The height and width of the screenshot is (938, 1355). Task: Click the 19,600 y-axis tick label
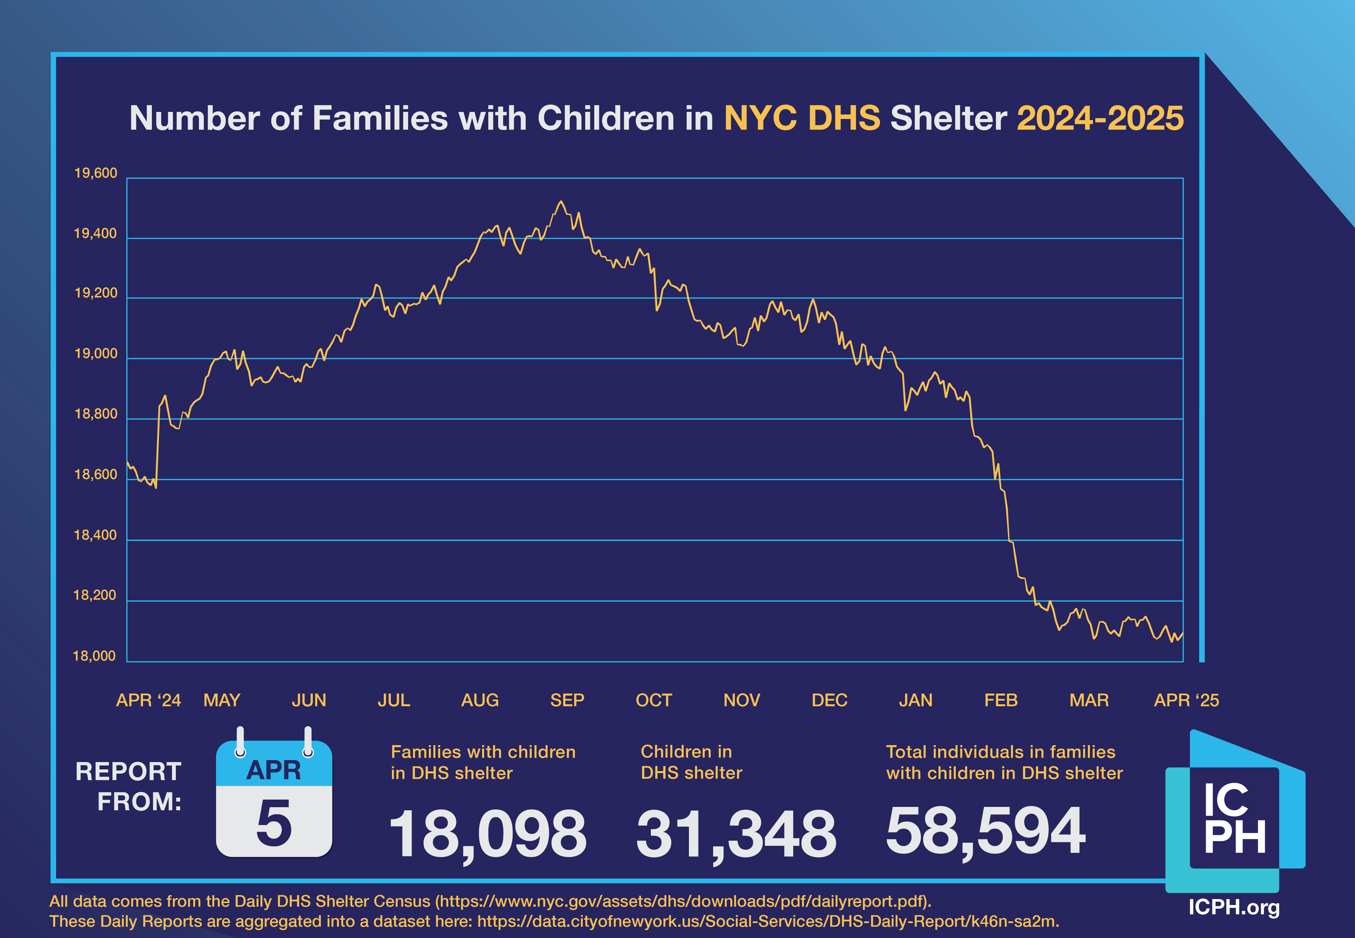[x=95, y=173]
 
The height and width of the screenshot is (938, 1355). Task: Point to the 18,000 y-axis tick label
[x=94, y=656]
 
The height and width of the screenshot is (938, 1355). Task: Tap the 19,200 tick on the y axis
[x=95, y=293]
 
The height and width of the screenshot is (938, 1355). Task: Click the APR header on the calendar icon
[x=274, y=770]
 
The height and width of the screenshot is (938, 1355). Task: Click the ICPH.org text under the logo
[x=1234, y=907]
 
